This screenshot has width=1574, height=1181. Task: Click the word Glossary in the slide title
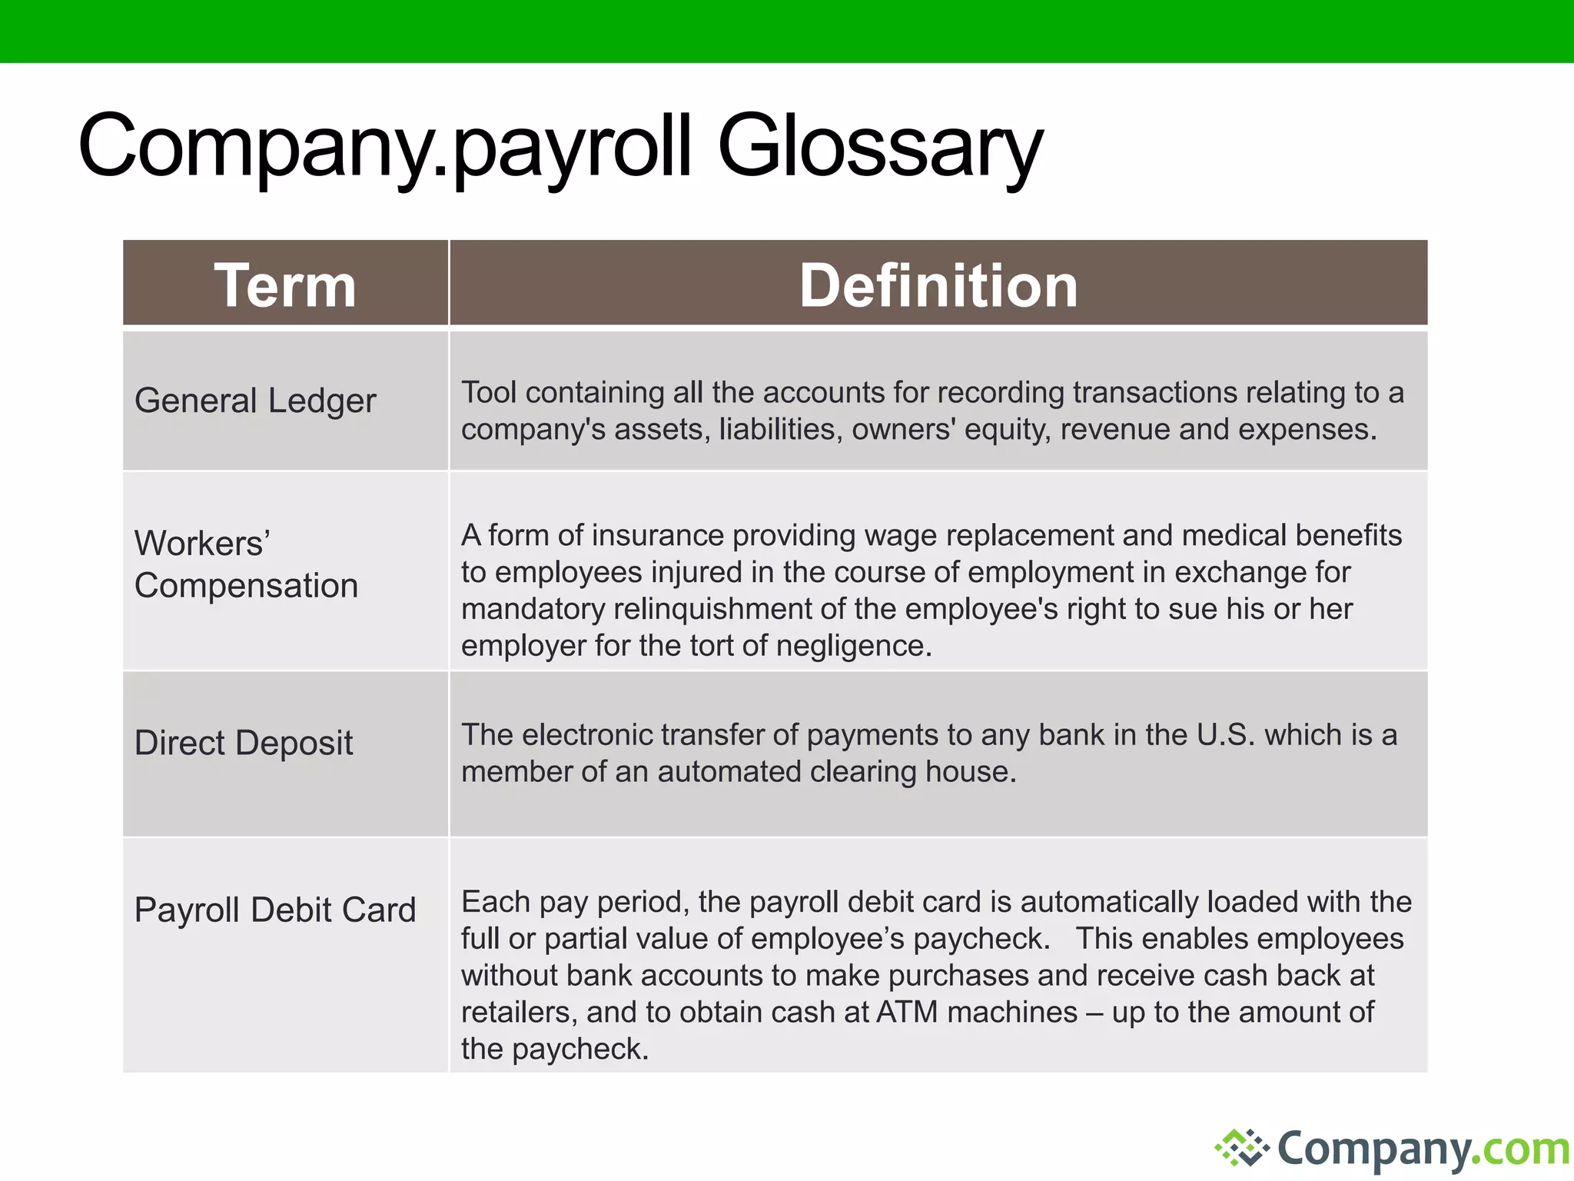[880, 146]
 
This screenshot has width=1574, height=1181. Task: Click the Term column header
[285, 285]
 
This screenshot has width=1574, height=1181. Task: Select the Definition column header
[938, 285]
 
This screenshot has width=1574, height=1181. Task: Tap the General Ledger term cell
[255, 401]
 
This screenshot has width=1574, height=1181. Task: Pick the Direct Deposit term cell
[244, 743]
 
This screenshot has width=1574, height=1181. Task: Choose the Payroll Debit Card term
[275, 910]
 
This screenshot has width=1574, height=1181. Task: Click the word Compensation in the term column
[246, 586]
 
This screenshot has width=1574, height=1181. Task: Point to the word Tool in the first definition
[488, 392]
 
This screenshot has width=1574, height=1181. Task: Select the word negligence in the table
[854, 646]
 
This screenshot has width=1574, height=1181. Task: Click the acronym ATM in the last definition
[907, 1013]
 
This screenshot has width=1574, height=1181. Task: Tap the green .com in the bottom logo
[1525, 1149]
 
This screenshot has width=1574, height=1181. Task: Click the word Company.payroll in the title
[384, 146]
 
